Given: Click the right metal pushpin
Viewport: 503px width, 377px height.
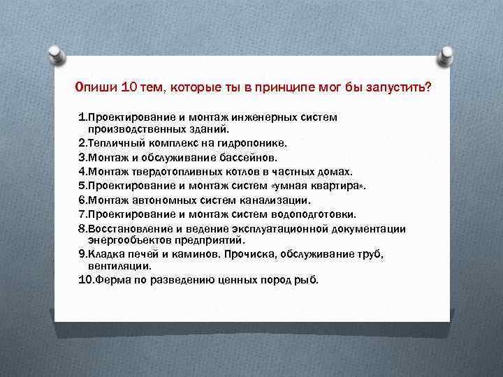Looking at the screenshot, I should [446, 52].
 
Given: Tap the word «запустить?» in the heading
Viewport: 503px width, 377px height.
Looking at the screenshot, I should [400, 89].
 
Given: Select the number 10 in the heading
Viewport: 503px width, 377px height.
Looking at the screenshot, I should [129, 89].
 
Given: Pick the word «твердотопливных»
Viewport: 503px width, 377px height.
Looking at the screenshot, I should [175, 172].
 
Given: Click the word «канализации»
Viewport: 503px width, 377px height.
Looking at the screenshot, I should [275, 200].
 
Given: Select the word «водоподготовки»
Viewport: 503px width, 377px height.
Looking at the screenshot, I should [316, 214].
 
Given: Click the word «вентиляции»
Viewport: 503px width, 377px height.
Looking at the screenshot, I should [119, 266].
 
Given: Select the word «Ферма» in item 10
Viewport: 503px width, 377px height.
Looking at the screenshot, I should [112, 280].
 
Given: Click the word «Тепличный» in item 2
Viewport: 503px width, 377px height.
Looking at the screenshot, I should [112, 142].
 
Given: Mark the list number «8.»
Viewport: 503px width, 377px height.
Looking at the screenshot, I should [82, 229].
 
